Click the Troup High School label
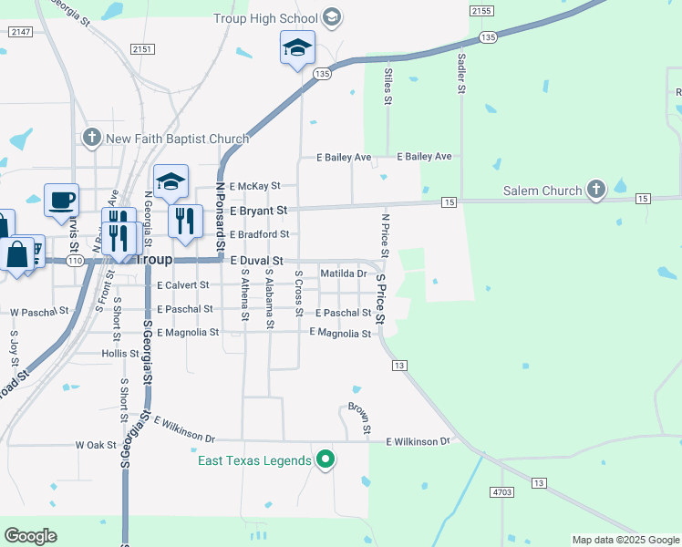tap(265, 18)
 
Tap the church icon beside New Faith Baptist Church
tap(91, 139)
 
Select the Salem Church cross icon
tap(596, 191)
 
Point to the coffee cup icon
tap(61, 199)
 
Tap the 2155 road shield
tap(481, 10)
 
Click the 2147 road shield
tap(20, 32)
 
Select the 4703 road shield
tap(502, 491)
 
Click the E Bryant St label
tap(258, 211)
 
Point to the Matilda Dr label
tap(344, 273)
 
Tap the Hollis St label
tap(119, 354)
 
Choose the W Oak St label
tap(96, 445)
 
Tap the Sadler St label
tap(461, 74)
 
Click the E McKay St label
tap(254, 186)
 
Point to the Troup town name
tap(154, 260)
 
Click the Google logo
tap(30, 536)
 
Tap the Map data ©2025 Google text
tap(625, 540)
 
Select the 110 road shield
tap(75, 261)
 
